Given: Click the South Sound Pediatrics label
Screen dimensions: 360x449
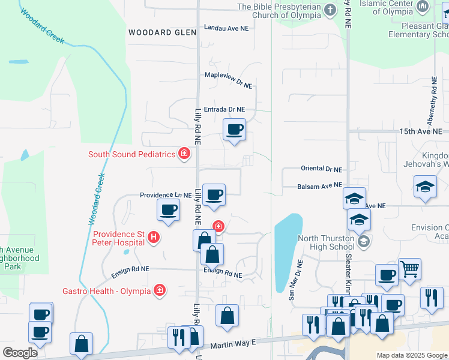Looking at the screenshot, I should [x=131, y=154].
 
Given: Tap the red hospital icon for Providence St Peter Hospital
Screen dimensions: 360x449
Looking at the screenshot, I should [x=154, y=238].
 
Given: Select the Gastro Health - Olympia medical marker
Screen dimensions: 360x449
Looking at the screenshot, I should [x=160, y=291].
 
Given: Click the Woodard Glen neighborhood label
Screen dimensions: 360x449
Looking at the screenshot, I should [x=153, y=32].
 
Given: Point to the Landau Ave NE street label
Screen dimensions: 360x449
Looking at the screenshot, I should [x=226, y=28].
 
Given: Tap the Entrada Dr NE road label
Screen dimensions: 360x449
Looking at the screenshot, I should [x=224, y=110].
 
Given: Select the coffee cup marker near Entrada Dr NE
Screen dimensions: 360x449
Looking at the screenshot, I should [x=234, y=129].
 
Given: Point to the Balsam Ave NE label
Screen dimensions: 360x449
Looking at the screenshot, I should [x=319, y=187].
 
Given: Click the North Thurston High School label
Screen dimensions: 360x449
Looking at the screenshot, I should [x=326, y=242].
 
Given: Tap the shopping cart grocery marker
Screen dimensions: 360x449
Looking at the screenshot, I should [x=409, y=269].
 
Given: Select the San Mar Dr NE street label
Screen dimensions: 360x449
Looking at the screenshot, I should [x=294, y=280].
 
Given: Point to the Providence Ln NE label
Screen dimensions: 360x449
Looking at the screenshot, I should [x=166, y=196].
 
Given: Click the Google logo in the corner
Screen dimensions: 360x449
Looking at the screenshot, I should [x=20, y=353].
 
